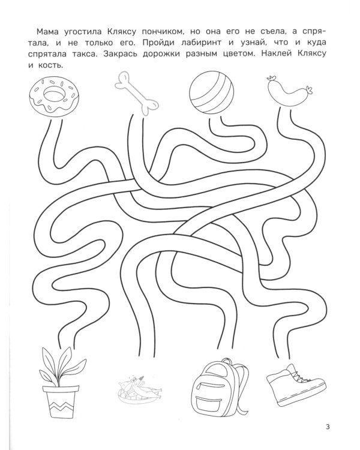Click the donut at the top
(54, 96)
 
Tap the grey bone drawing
(137, 94)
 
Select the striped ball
(212, 92)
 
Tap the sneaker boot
(296, 385)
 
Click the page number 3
(328, 427)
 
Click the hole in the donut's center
(55, 94)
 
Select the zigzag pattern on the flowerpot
(61, 407)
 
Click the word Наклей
(277, 54)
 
